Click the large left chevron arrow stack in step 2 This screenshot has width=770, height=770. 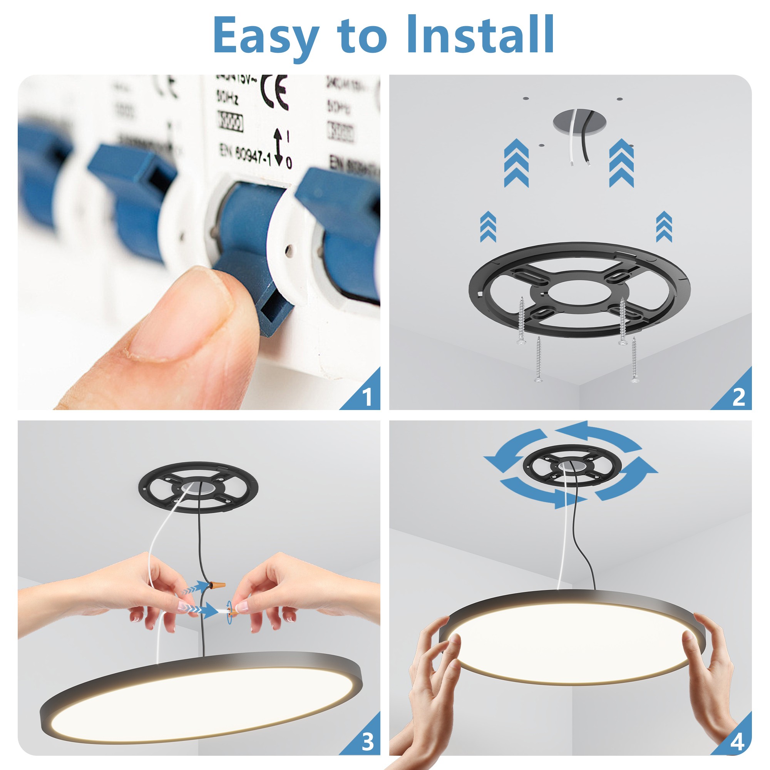[x=516, y=163]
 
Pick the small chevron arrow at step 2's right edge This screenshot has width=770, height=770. [x=664, y=227]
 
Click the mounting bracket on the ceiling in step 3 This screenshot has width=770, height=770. [x=198, y=487]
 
